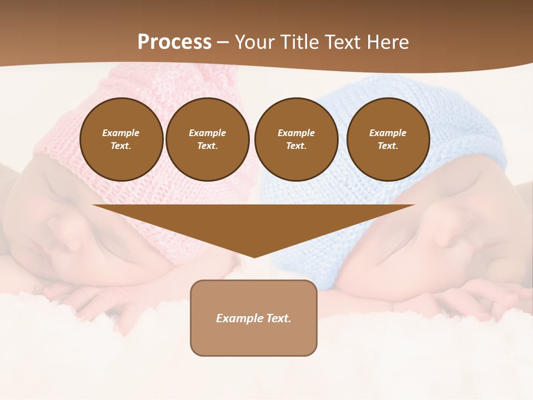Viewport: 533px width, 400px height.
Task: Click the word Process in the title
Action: point(174,42)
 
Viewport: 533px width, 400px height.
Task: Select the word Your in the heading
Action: point(253,42)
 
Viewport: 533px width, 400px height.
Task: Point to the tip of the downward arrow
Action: point(254,256)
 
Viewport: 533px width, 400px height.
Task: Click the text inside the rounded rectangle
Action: point(254,318)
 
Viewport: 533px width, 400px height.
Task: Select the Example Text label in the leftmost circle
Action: point(121,139)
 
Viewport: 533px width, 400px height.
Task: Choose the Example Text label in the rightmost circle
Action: point(388,139)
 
